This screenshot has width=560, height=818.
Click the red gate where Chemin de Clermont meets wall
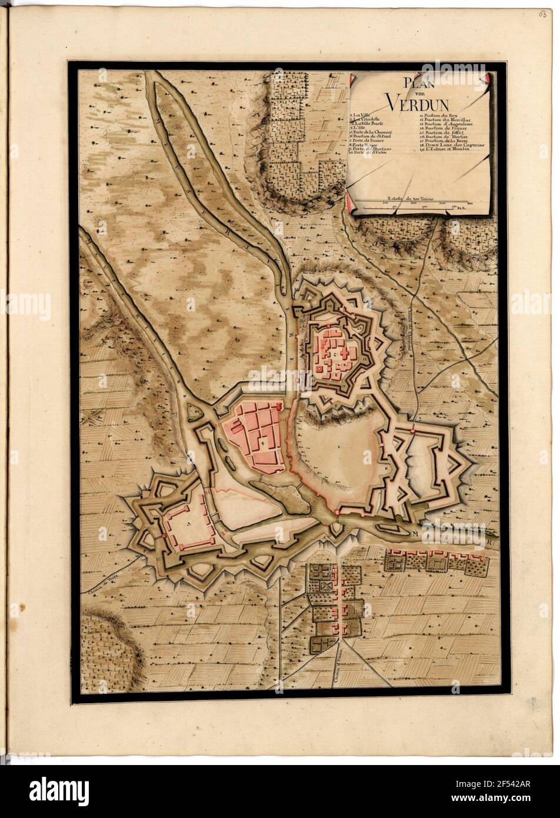tap(414, 431)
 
